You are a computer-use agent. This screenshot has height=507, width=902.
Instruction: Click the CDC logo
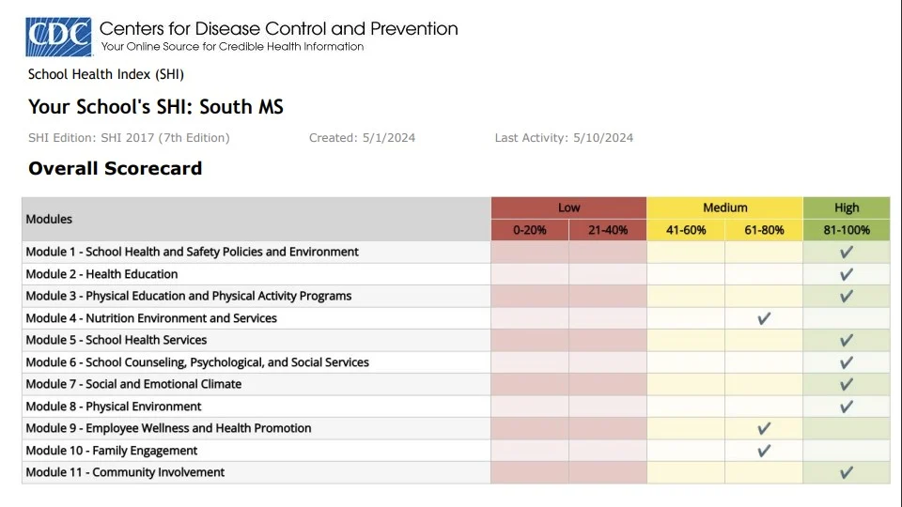[58, 37]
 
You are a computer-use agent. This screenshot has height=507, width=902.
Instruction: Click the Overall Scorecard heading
[115, 169]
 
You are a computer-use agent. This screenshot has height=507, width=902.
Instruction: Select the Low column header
[568, 207]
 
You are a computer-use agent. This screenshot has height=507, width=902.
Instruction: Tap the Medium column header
[724, 207]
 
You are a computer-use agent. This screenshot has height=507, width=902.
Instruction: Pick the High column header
[846, 207]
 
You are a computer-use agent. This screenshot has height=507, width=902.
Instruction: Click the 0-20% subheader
[529, 230]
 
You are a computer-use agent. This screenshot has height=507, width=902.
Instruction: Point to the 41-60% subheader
[686, 230]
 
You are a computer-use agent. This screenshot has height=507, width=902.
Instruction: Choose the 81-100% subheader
[846, 230]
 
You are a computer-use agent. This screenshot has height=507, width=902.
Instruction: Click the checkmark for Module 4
[764, 318]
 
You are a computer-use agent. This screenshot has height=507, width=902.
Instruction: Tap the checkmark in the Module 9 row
[764, 428]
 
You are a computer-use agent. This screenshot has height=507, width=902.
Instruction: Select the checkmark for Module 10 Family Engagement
[764, 451]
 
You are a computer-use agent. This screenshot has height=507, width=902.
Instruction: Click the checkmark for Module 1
[846, 252]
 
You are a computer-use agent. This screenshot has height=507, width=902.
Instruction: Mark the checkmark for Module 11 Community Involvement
[846, 472]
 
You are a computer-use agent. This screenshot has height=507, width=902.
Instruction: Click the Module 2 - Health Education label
[101, 274]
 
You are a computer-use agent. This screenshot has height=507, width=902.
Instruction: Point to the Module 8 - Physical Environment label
[114, 407]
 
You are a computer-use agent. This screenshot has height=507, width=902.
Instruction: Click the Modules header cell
[49, 219]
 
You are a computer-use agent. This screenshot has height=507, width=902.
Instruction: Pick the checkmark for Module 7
[846, 384]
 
